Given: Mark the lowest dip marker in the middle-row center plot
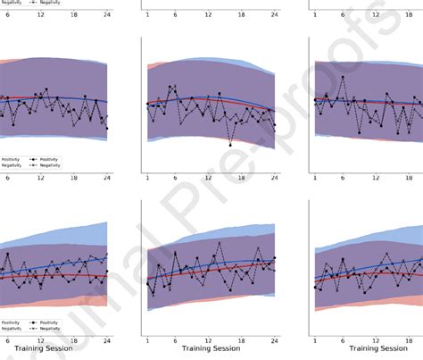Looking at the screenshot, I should point(230,144).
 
